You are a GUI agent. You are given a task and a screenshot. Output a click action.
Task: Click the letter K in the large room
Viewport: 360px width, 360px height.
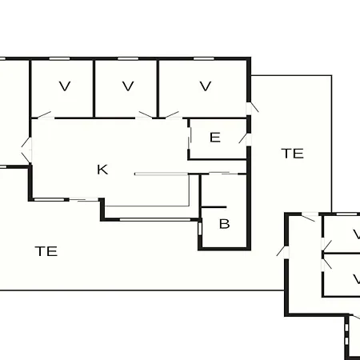pyautogui.click(x=102, y=170)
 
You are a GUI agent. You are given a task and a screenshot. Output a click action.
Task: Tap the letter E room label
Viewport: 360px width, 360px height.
pyautogui.click(x=215, y=138)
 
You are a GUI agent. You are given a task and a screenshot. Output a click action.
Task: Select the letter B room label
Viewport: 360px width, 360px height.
pyautogui.click(x=224, y=224)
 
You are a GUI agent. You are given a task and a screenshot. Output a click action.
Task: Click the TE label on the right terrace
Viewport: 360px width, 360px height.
pyautogui.click(x=292, y=154)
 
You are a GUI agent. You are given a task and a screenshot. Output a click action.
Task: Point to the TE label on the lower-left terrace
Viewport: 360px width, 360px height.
pyautogui.click(x=46, y=251)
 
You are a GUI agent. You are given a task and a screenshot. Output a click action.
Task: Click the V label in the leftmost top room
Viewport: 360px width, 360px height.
pyautogui.click(x=65, y=86)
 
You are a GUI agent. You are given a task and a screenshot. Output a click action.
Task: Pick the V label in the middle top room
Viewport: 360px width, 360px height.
pyautogui.click(x=128, y=86)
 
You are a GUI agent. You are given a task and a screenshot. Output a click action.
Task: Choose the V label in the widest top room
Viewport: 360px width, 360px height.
pyautogui.click(x=206, y=86)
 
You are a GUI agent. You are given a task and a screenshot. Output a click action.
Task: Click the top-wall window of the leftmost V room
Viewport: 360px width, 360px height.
pyautogui.click(x=59, y=58)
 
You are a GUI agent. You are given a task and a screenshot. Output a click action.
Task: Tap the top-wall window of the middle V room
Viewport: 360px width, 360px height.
pyautogui.click(x=128, y=58)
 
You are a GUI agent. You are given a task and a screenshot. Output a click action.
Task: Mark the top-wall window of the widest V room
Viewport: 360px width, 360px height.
pyautogui.click(x=204, y=58)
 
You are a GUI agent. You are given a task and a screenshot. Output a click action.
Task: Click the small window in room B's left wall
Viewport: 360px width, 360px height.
pyautogui.click(x=200, y=229)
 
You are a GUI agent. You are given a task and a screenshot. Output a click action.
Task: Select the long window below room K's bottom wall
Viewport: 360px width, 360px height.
pyautogui.click(x=155, y=220)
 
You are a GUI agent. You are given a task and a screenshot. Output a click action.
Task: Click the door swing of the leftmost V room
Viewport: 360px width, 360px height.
pyautogui.click(x=43, y=115)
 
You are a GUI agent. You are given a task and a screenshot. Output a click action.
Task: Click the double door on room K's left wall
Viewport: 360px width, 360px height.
pyautogui.click(x=26, y=150)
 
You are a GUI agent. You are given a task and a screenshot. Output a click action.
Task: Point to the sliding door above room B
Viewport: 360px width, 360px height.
pyautogui.click(x=223, y=174)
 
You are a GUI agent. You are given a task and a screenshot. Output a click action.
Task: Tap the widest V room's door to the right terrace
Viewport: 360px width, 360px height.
pyautogui.click(x=252, y=107)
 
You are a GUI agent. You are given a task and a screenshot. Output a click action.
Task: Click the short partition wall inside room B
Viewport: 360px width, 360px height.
pyautogui.click(x=214, y=207)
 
